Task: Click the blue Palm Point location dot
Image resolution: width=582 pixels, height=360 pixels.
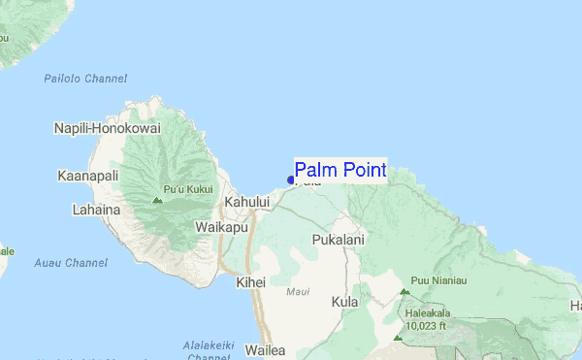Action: [291, 180]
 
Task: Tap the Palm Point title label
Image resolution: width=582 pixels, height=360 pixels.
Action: [339, 171]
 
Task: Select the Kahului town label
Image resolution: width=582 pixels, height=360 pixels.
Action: [246, 202]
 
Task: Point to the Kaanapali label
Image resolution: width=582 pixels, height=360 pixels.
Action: [88, 177]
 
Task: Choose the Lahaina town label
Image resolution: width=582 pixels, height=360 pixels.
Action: [96, 209]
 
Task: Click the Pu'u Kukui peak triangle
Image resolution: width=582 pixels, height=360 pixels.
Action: [157, 200]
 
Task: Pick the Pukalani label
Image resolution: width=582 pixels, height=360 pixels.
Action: [338, 239]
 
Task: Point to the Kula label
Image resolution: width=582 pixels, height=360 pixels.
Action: [344, 302]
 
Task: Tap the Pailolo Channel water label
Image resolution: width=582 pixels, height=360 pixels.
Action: [85, 79]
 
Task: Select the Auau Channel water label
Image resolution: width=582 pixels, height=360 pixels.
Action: [70, 263]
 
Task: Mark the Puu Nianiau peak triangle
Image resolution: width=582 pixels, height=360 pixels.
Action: [404, 290]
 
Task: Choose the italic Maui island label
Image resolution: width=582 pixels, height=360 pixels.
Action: [299, 291]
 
